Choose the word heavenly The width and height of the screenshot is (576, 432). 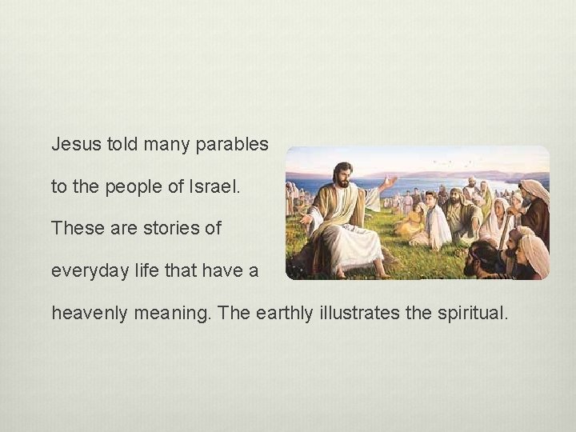(86, 312)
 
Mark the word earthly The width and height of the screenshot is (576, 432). (290, 312)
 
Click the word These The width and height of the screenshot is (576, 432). (73, 228)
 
